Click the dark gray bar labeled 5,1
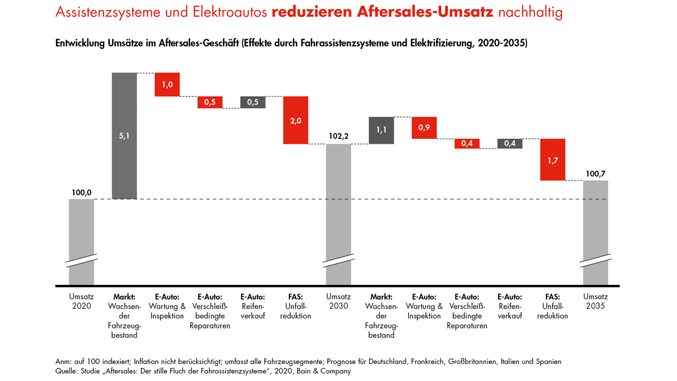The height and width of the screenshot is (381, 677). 124,136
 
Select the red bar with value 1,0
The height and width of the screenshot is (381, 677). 167,85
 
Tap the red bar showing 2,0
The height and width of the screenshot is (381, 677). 296,120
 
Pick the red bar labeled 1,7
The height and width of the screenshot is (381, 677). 553,160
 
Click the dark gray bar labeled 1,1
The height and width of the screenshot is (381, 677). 381,130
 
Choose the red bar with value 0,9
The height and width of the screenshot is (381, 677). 424,128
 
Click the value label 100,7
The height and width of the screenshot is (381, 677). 595,174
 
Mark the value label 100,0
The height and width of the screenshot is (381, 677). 81,192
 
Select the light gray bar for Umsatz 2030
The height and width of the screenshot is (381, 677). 338,202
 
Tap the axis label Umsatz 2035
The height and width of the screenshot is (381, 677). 595,301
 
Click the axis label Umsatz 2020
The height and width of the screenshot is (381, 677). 81,301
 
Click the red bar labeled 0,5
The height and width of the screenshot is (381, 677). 210,102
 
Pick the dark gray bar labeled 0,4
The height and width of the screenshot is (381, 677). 510,143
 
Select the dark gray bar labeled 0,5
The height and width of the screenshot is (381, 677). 253,102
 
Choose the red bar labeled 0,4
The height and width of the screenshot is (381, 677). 467,143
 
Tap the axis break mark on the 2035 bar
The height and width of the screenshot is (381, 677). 595,260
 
